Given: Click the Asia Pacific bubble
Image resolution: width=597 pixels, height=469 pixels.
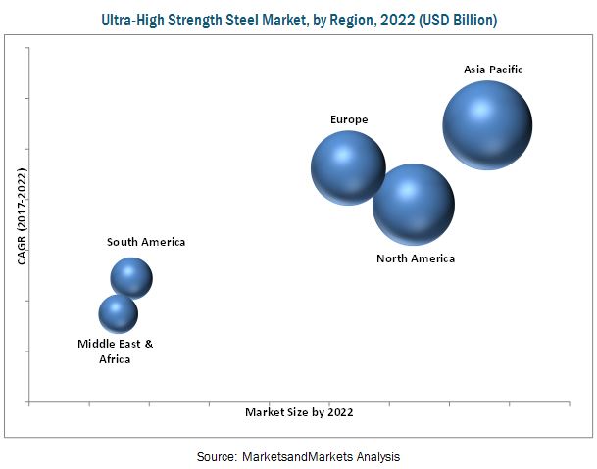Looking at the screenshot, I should [487, 125].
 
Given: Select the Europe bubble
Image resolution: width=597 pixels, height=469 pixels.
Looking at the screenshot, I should [348, 167].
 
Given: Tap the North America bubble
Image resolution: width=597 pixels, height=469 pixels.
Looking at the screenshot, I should [414, 204].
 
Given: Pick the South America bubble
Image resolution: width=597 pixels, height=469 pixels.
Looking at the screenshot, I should [131, 278].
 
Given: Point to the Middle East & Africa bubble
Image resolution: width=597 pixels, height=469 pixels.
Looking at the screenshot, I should [119, 313].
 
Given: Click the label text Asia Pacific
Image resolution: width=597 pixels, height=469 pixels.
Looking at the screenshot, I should [494, 70].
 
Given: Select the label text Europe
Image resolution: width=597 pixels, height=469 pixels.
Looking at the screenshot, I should [349, 119].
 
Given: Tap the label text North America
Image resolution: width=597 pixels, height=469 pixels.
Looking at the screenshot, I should [416, 258].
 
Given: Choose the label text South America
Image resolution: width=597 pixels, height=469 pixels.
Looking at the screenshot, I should [146, 242].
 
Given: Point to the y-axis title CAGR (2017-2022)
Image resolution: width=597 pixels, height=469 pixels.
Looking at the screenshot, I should [22, 216].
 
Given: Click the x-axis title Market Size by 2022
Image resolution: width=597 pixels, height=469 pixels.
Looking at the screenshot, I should [299, 412].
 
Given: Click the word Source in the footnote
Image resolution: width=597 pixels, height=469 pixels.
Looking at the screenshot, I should [215, 456].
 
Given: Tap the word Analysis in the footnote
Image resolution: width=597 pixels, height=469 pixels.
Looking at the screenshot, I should [376, 456].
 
